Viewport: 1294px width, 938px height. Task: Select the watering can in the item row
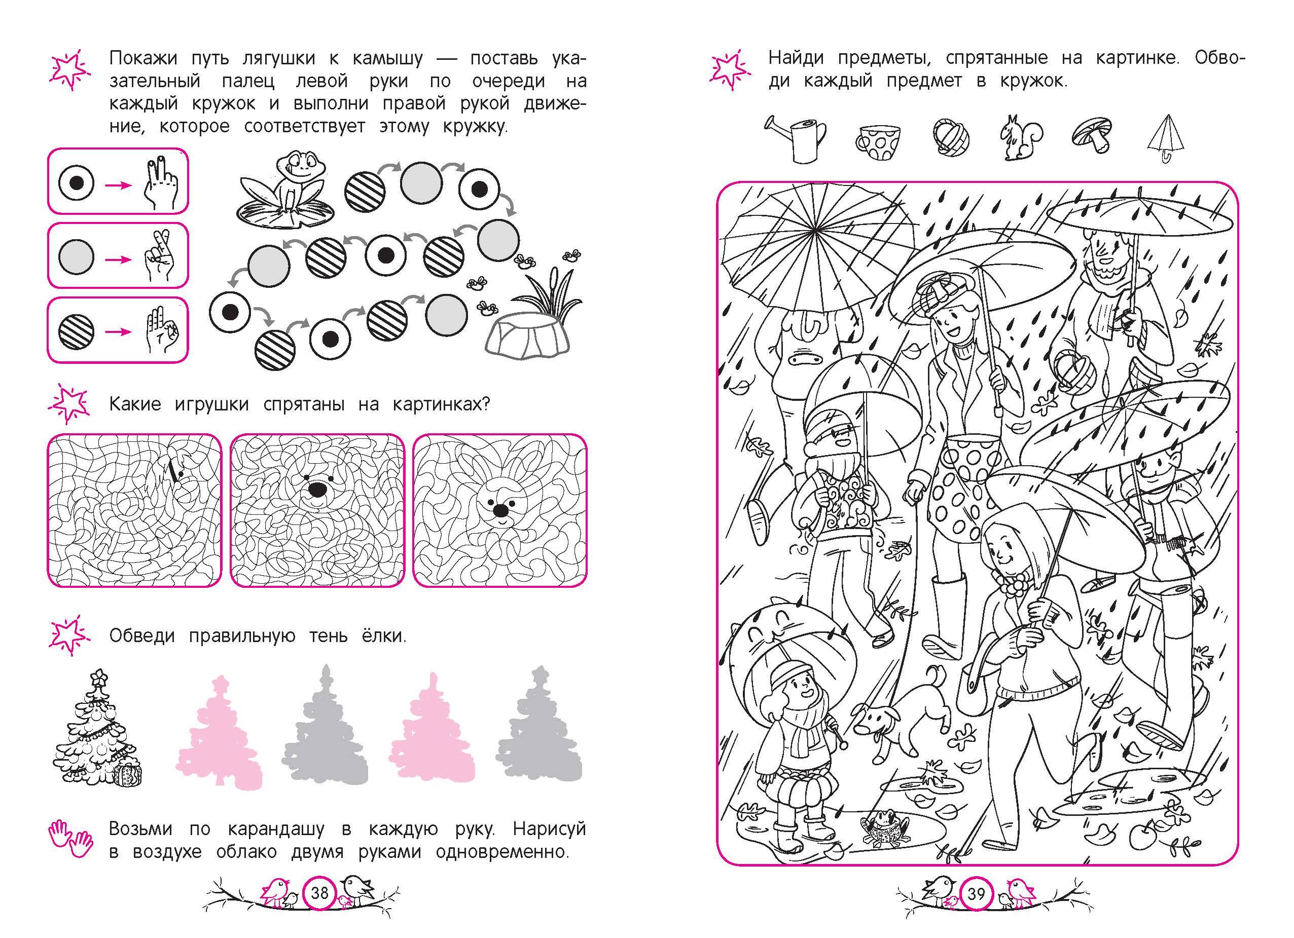[796, 140]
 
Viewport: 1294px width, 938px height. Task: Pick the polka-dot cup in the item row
[878, 142]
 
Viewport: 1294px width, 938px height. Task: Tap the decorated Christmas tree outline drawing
[96, 729]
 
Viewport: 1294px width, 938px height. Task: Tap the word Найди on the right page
[797, 58]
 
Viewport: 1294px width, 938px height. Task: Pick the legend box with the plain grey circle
[118, 255]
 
